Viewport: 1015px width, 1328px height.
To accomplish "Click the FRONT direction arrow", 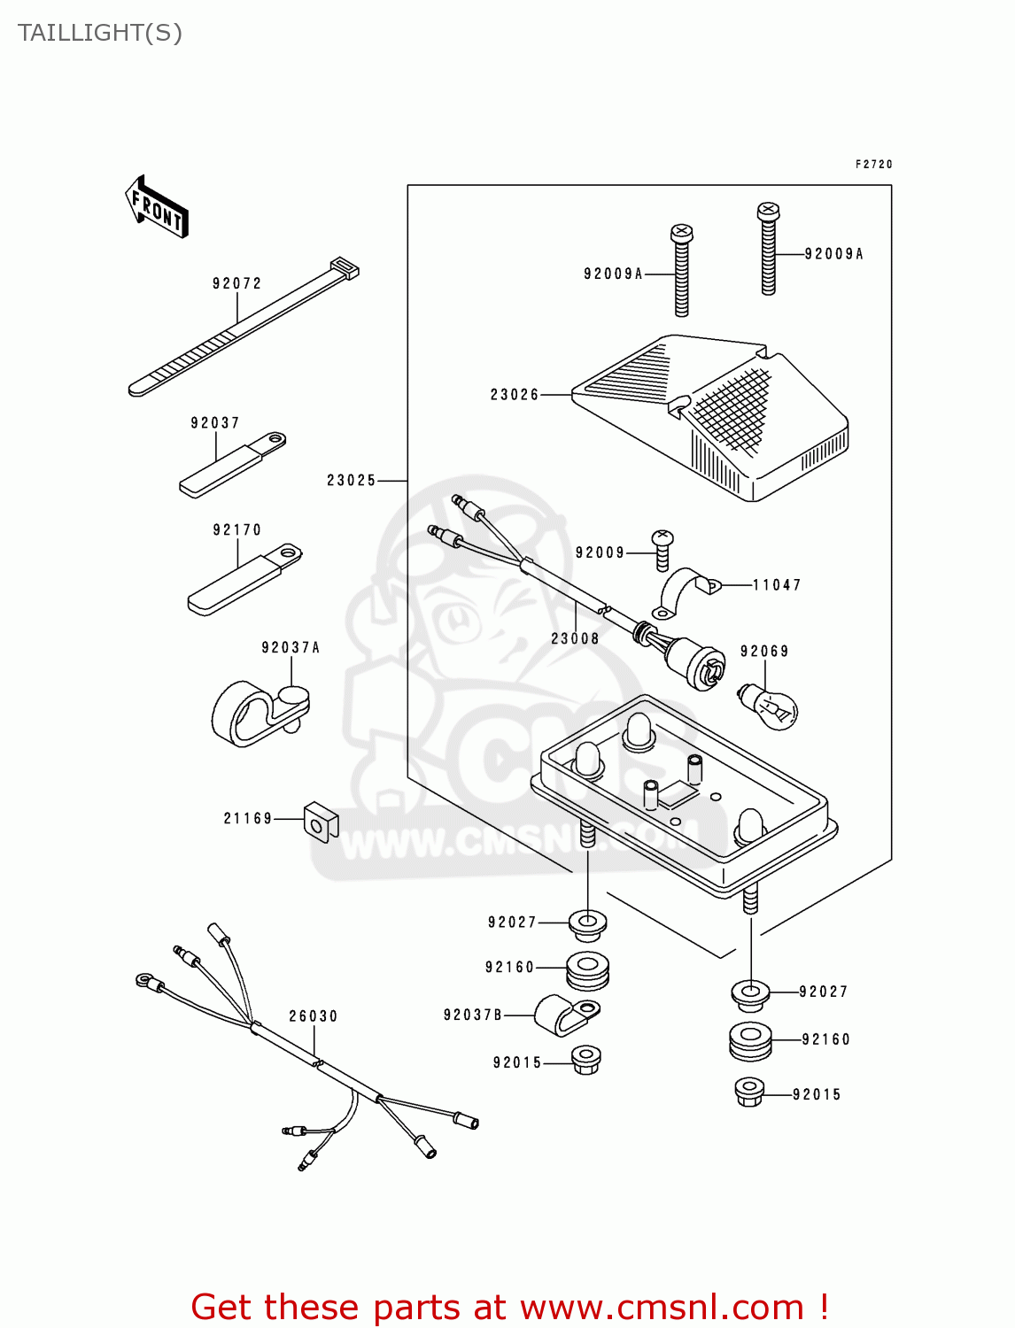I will (157, 207).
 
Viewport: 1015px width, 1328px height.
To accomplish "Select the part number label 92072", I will (236, 283).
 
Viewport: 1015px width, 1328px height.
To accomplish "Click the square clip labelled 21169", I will (320, 822).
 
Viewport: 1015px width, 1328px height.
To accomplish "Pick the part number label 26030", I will (314, 1015).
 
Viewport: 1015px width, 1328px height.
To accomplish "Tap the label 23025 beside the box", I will (352, 480).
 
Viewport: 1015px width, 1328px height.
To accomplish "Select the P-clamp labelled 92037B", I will (567, 1014).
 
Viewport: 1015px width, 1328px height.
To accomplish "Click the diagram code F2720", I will (873, 164).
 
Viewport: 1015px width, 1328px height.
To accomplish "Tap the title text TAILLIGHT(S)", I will (100, 33).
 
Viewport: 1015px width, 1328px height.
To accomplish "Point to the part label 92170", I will (237, 529).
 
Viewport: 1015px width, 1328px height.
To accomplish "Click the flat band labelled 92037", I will (232, 464).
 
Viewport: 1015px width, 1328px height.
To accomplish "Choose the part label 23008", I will (575, 638).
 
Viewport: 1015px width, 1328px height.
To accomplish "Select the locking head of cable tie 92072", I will (345, 267).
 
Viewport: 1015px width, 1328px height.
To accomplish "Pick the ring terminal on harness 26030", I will (144, 980).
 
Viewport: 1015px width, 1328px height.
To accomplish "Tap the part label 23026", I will (515, 394).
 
